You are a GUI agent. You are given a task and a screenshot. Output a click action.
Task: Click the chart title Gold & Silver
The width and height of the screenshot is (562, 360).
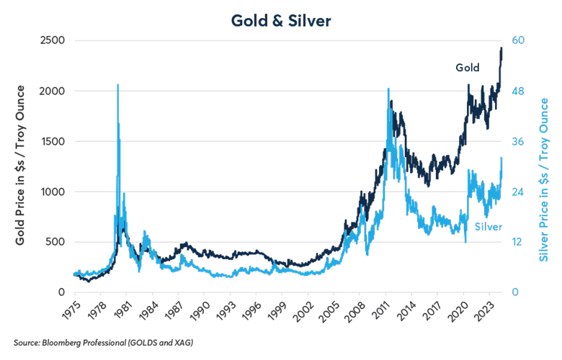(282, 20)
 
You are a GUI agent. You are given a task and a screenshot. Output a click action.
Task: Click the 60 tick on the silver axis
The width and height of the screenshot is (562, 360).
(517, 41)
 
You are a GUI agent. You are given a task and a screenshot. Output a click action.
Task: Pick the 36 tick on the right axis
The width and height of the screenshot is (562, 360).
(517, 141)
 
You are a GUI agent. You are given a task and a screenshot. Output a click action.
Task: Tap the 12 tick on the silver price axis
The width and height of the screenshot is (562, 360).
(517, 242)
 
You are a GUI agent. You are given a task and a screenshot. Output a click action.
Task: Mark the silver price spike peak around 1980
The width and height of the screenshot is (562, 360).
(117, 85)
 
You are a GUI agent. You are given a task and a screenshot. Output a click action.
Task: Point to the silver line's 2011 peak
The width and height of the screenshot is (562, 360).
(389, 89)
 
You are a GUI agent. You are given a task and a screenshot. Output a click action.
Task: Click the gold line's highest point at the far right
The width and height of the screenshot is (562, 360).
(501, 47)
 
